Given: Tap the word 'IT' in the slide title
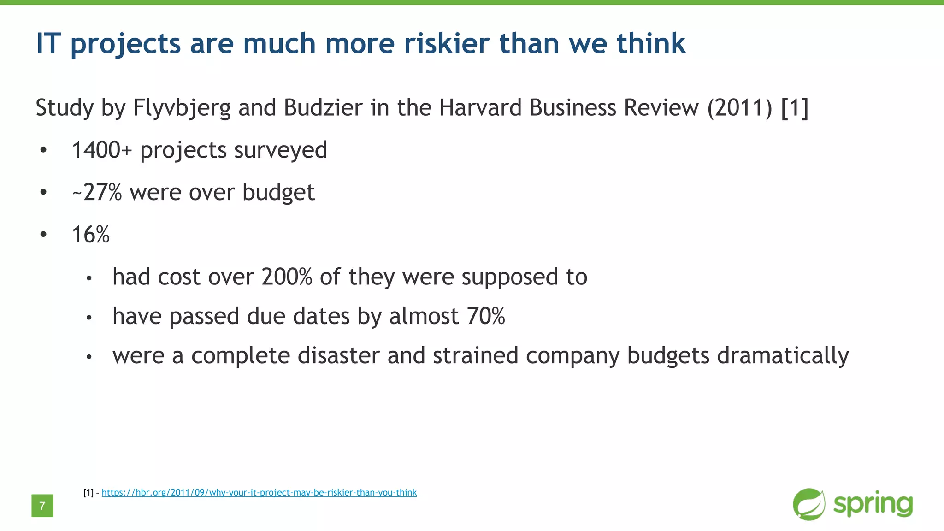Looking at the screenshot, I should coord(48,43).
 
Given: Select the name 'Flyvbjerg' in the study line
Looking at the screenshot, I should coord(182,108).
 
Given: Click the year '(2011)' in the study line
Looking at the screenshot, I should coord(740,108).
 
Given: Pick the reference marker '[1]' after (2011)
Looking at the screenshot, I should coord(795,108).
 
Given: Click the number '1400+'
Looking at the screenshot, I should coord(102,150).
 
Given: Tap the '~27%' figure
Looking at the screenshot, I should coord(97,192).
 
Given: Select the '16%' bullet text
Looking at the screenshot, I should coord(91,235).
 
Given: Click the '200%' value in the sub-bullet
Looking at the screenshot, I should coord(287,277).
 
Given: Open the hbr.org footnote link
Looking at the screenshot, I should coord(259,493).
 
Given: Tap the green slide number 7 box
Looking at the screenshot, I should coord(42,506).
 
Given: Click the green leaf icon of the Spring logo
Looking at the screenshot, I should coord(809,504).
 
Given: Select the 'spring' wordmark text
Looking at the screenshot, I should coord(873,504).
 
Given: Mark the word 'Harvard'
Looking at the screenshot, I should coord(480,108).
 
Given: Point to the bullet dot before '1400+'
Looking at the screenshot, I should coord(43,150).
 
